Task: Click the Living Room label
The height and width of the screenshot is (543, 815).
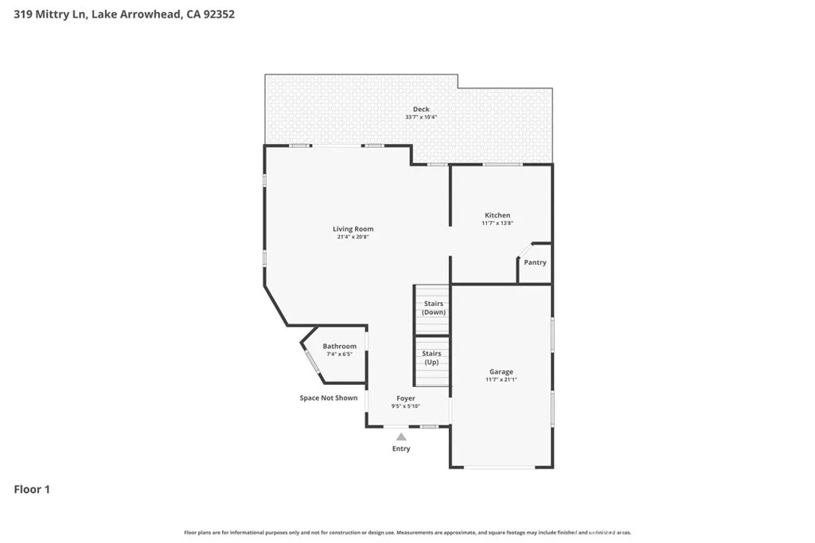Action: [353, 229]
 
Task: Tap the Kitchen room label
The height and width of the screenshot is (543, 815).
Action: [497, 215]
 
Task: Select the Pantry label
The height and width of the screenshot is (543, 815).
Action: [535, 262]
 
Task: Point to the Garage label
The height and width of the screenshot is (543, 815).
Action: [501, 371]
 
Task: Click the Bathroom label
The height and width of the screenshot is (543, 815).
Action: [339, 347]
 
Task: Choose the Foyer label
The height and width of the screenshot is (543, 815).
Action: [405, 398]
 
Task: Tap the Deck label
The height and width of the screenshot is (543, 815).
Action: [421, 109]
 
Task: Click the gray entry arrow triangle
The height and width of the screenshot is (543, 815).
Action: [401, 436]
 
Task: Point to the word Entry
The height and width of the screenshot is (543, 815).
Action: [401, 449]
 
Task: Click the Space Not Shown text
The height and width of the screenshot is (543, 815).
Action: [328, 398]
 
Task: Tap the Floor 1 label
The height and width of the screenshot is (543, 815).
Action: [32, 490]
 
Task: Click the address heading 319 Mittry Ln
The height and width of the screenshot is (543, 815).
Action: [124, 14]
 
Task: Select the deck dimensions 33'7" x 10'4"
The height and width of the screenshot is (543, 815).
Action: [421, 118]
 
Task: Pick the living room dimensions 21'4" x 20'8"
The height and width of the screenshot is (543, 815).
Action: [353, 237]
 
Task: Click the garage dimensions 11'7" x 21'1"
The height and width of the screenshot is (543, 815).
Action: [501, 380]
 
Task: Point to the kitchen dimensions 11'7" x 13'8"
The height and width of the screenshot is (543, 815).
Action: [497, 223]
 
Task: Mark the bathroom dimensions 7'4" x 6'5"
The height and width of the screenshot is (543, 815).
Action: [339, 355]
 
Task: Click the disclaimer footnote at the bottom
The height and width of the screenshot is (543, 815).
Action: [407, 533]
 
